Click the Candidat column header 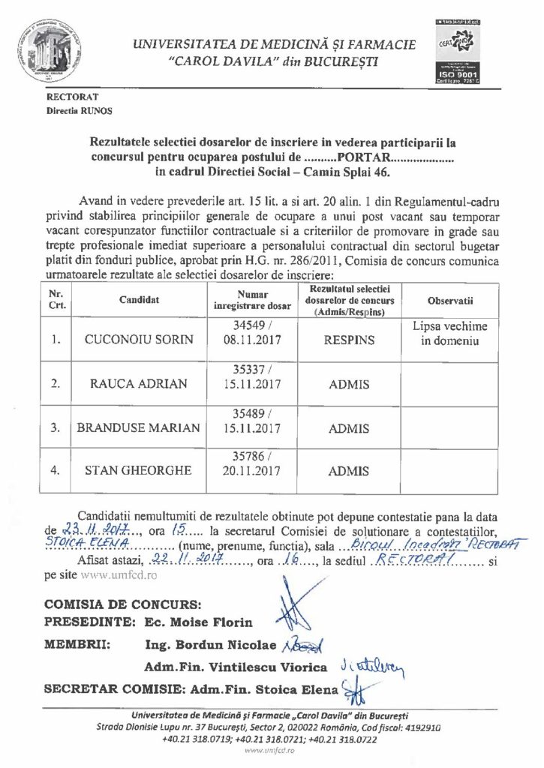pyautogui.click(x=139, y=300)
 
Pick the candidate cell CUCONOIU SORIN pyautogui.click(x=139, y=339)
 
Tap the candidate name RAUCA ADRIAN pyautogui.click(x=139, y=383)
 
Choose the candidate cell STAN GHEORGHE pyautogui.click(x=139, y=471)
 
